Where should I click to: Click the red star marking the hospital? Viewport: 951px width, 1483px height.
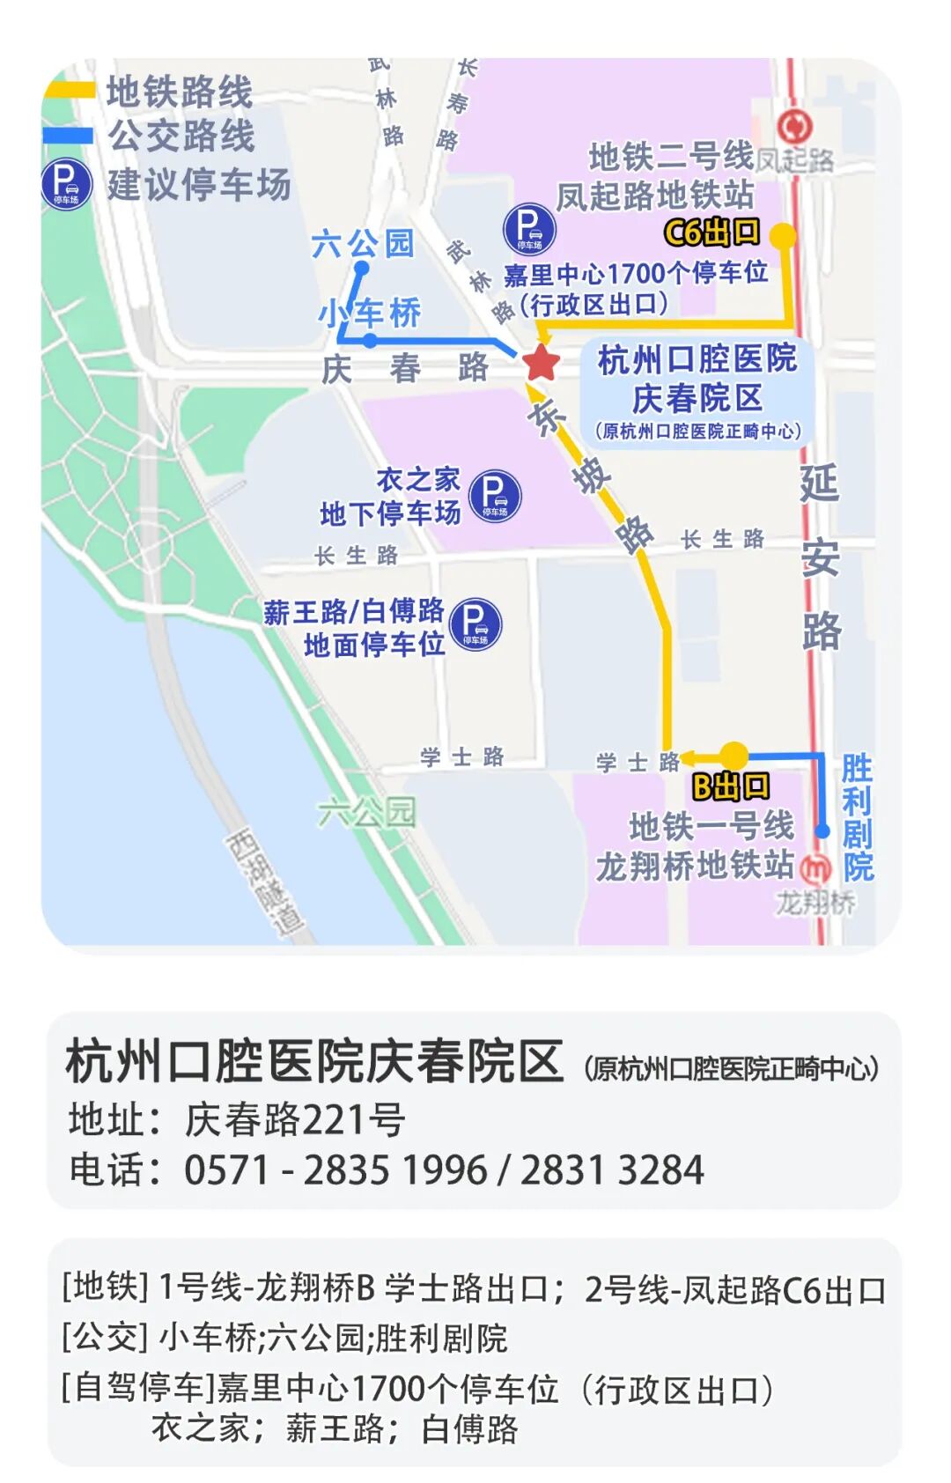[x=541, y=362]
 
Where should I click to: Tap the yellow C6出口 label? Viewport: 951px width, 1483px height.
[x=711, y=232]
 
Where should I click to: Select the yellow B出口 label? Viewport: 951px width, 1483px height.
[x=730, y=786]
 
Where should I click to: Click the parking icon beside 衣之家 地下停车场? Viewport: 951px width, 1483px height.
[x=495, y=496]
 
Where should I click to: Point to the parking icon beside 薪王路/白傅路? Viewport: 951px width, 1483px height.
[x=475, y=624]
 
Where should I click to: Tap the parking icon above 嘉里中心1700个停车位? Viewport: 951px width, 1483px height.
[x=529, y=228]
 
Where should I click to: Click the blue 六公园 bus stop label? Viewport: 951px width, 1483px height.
[x=362, y=243]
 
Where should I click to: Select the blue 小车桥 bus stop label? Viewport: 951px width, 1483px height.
[x=370, y=313]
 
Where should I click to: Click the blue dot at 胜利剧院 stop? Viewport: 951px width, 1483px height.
[x=822, y=830]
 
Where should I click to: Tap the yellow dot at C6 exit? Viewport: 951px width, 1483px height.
[x=782, y=235]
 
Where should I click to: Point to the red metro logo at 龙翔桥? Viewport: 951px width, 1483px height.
[x=817, y=868]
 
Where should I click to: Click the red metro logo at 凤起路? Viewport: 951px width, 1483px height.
[x=794, y=127]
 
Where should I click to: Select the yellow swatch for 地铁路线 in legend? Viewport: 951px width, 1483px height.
[x=69, y=89]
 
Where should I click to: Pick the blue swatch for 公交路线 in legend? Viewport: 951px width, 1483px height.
[x=69, y=136]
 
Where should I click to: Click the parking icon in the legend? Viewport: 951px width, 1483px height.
[x=66, y=184]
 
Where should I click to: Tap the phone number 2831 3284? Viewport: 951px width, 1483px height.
[x=612, y=1170]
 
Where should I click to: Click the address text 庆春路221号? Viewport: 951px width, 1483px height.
[x=294, y=1120]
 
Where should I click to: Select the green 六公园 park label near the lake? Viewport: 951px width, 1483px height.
[x=365, y=812]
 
